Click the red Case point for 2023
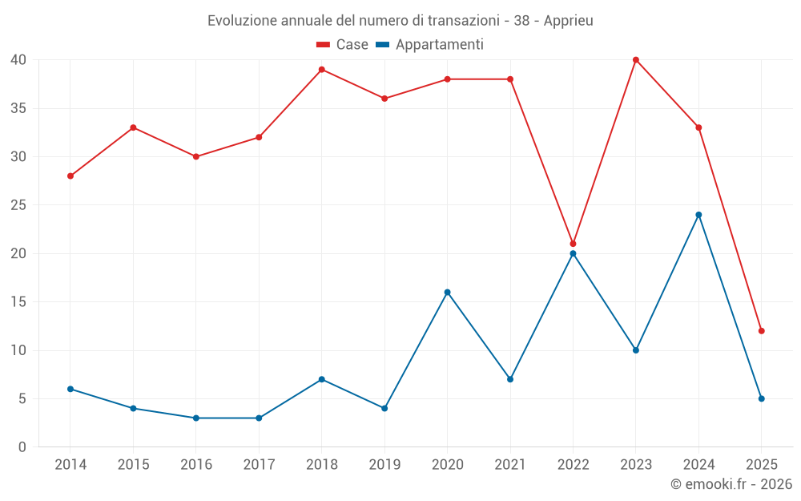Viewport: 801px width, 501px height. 636,60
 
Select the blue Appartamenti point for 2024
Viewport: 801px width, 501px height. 698,215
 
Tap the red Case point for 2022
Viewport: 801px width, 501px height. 573,244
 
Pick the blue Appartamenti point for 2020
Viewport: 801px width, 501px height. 447,292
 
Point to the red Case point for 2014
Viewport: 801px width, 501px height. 70,176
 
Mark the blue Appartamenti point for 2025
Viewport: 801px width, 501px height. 761,398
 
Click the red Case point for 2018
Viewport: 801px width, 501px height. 321,70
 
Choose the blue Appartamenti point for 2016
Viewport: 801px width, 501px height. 196,418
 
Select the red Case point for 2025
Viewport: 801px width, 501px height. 761,331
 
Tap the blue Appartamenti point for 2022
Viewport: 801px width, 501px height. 573,253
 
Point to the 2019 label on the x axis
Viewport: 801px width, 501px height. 384,465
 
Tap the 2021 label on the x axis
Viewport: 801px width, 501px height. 510,465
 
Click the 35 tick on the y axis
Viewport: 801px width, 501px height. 18,108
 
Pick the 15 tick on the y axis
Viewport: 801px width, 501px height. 18,302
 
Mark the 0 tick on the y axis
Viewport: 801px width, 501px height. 22,447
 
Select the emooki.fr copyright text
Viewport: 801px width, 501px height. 731,484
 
